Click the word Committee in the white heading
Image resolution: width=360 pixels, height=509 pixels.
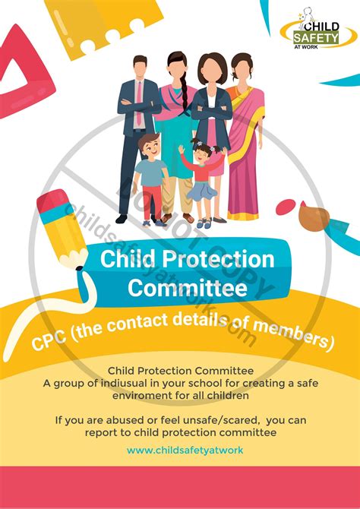[187, 288]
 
